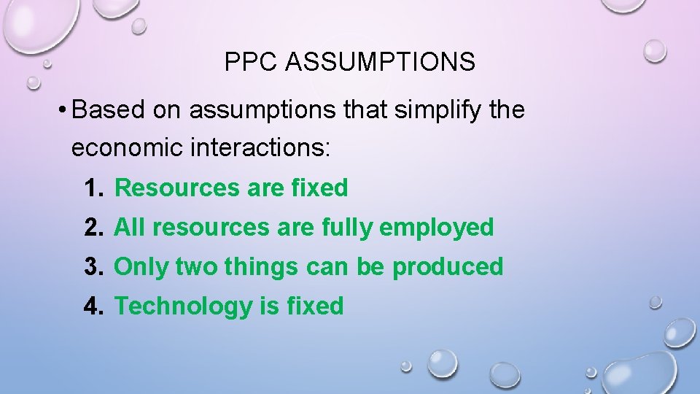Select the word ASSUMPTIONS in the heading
click(x=380, y=63)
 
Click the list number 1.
click(x=93, y=188)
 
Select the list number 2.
click(x=93, y=228)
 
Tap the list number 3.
click(x=93, y=267)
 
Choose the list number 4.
click(x=93, y=306)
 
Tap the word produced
click(x=448, y=268)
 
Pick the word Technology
click(x=183, y=307)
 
